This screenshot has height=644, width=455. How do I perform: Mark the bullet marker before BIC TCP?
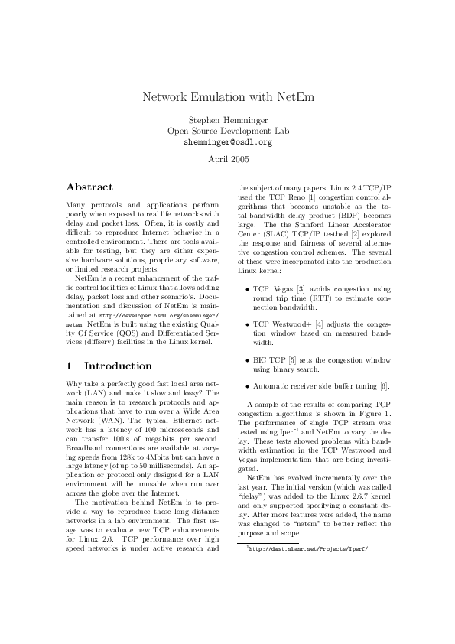[x=246, y=360]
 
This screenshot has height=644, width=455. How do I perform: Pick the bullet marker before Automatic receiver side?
[x=246, y=385]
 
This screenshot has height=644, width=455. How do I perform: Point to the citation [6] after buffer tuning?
[x=385, y=385]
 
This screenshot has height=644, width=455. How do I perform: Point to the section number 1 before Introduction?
[x=70, y=366]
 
